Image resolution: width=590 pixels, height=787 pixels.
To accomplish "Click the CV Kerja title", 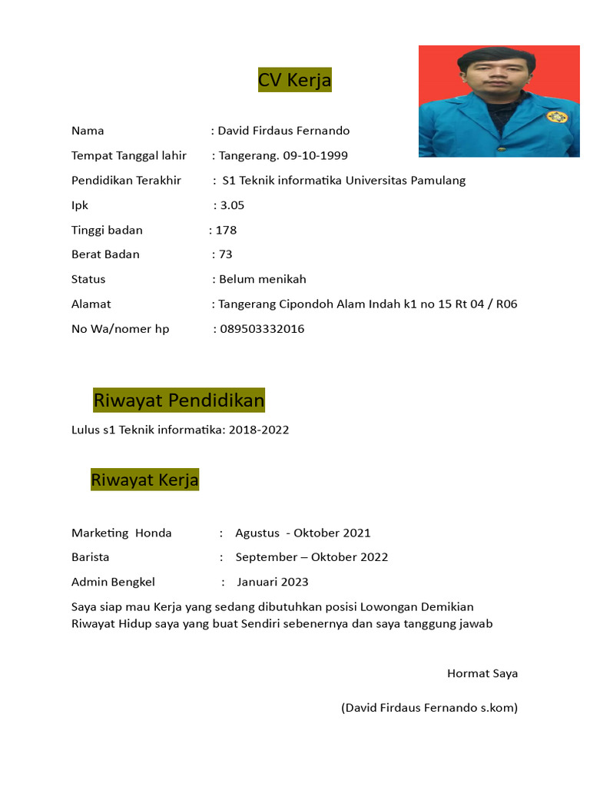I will pyautogui.click(x=295, y=80).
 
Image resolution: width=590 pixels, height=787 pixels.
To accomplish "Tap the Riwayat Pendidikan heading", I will pyautogui.click(x=178, y=400).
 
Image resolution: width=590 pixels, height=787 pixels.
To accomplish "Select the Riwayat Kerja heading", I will pyautogui.click(x=144, y=480).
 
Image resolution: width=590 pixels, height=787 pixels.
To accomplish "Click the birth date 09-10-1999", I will pyautogui.click(x=315, y=156).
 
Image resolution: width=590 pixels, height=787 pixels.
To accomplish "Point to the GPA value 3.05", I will pyautogui.click(x=232, y=205).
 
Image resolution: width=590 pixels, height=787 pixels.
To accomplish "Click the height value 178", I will pyautogui.click(x=226, y=230).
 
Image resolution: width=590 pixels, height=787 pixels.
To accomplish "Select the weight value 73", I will pyautogui.click(x=225, y=254).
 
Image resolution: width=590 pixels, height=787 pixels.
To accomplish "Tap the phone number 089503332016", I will pyautogui.click(x=261, y=329).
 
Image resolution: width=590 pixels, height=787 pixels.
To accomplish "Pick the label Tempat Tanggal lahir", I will pyautogui.click(x=129, y=156).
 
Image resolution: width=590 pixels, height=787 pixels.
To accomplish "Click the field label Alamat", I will pyautogui.click(x=91, y=304).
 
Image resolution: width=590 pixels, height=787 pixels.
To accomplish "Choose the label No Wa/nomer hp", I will pyautogui.click(x=121, y=329).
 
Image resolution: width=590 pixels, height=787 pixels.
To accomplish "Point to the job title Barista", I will pyautogui.click(x=91, y=557).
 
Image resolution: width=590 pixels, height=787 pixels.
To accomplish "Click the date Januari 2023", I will pyautogui.click(x=272, y=582).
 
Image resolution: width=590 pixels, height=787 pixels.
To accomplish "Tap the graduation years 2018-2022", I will pyautogui.click(x=259, y=430).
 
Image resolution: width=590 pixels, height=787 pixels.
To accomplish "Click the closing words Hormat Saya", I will pyautogui.click(x=482, y=674).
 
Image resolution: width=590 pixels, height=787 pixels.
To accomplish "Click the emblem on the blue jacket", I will pyautogui.click(x=556, y=117).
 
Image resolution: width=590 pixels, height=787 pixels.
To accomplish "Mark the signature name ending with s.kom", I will pyautogui.click(x=429, y=708).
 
